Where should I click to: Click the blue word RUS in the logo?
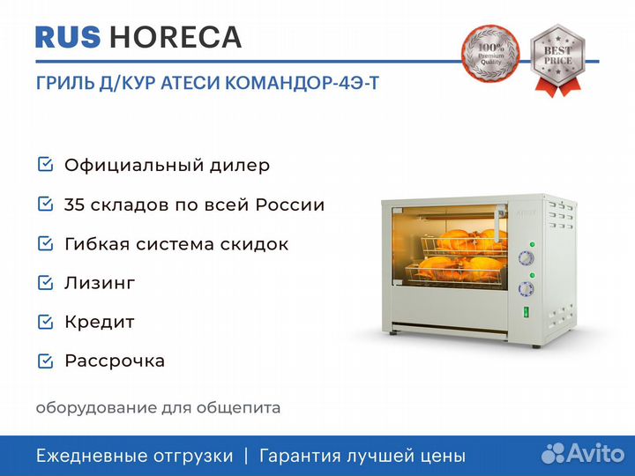click(68, 37)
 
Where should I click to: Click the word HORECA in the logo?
click(176, 37)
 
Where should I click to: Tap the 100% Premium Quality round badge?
click(490, 54)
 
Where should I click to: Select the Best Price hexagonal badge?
click(557, 60)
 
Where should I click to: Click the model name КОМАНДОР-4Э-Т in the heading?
click(302, 83)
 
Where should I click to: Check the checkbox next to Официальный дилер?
click(45, 165)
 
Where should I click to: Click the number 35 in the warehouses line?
click(74, 205)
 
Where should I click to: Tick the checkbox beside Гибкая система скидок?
click(45, 243)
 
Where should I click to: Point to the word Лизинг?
click(100, 283)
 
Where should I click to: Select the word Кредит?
click(100, 323)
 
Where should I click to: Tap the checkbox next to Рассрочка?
click(45, 361)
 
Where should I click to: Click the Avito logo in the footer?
click(583, 453)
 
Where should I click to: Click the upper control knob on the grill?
click(526, 258)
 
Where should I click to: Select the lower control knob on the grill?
click(526, 289)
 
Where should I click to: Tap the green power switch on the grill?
click(526, 312)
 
